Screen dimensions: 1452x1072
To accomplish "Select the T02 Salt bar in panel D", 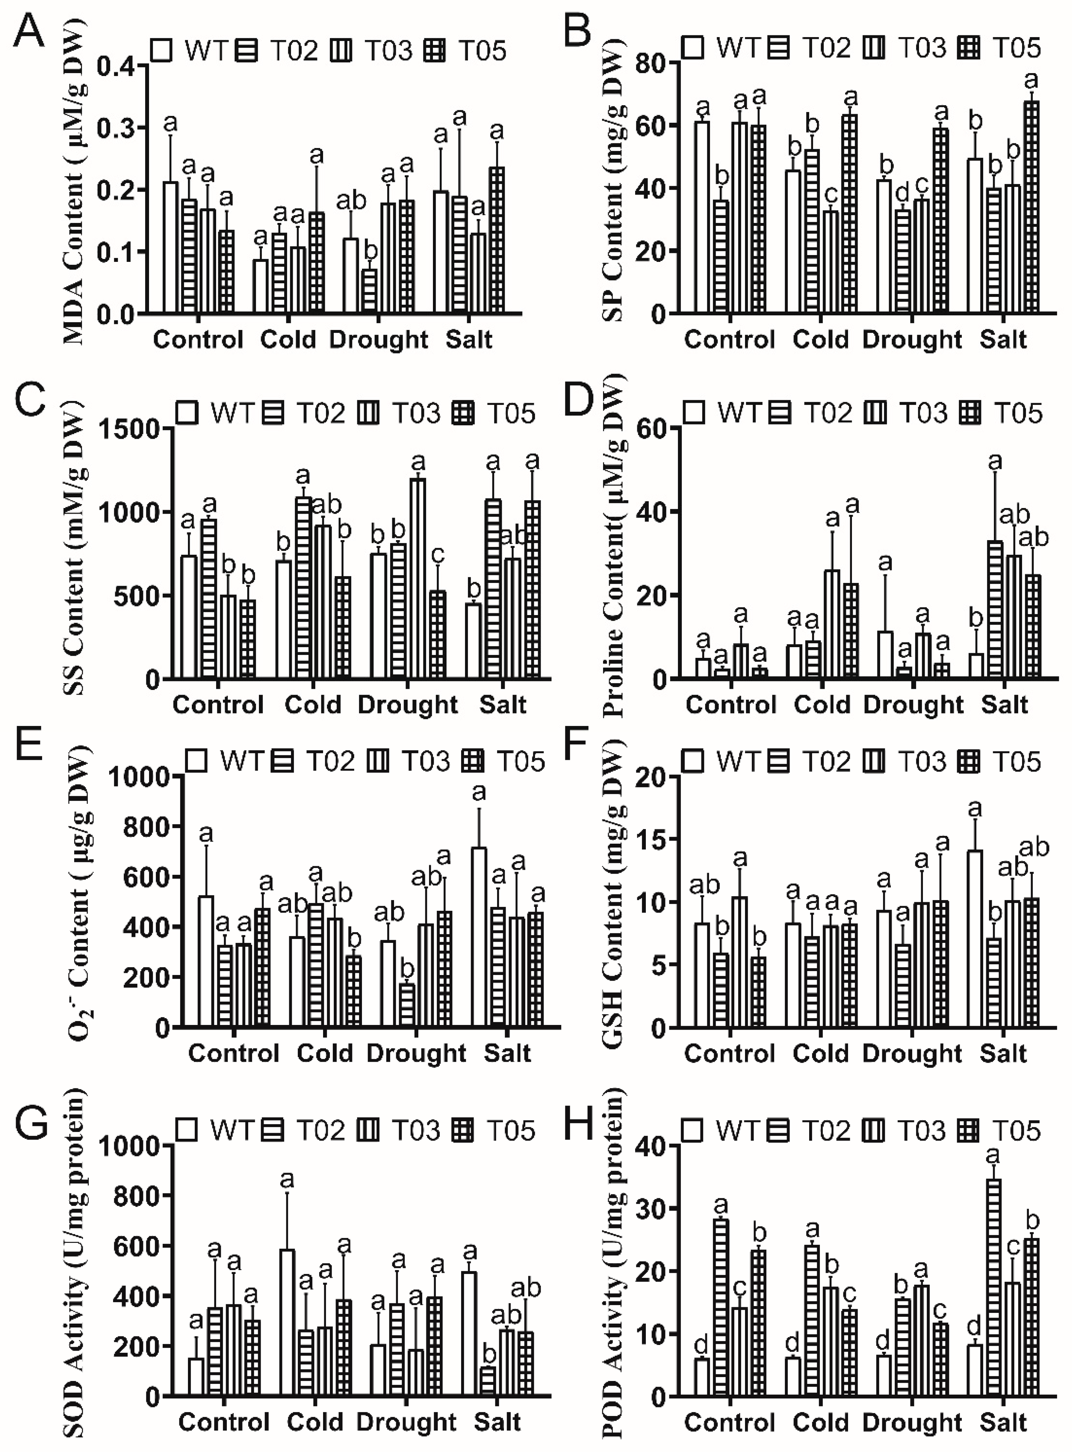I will [x=994, y=610].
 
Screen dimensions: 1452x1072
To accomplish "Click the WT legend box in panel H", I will [x=693, y=1131].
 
